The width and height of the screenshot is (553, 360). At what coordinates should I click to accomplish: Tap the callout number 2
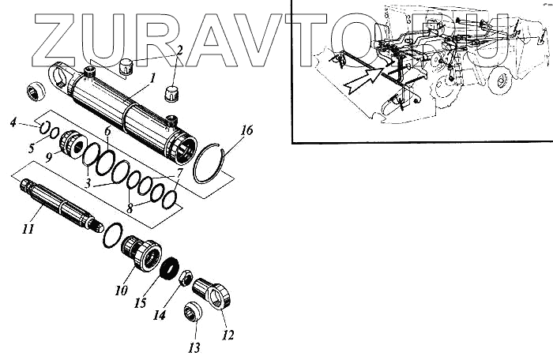pos(180,51)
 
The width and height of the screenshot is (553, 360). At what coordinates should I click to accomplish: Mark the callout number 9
pos(49,157)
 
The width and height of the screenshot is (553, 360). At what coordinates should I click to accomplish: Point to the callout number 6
pos(107,130)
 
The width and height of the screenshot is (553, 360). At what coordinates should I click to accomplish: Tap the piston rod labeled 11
pos(59,204)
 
